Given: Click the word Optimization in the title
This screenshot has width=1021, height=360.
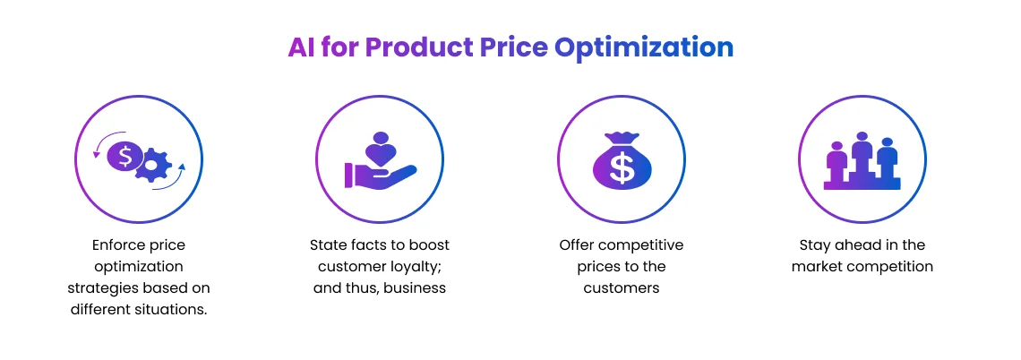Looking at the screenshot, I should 643,47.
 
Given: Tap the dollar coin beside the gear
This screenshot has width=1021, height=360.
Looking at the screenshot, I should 125,157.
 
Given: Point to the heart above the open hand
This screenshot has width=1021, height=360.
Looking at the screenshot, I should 382,153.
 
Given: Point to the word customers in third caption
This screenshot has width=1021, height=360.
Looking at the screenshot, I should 622,287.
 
